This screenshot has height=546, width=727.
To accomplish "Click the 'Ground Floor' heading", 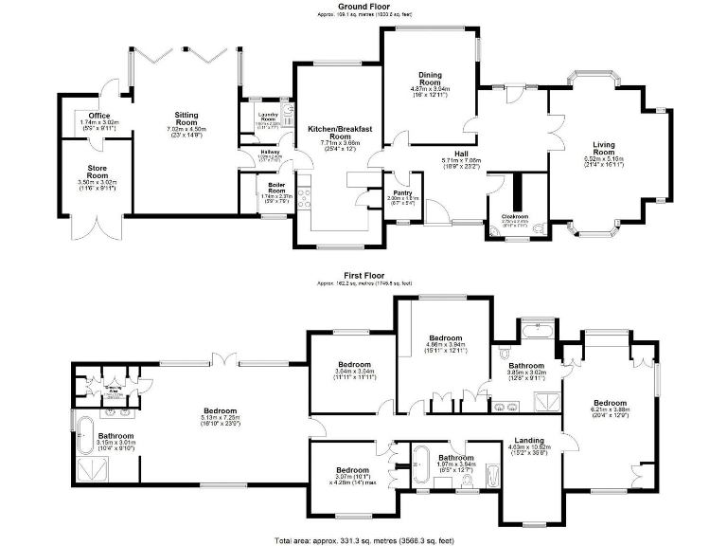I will click(x=364, y=6).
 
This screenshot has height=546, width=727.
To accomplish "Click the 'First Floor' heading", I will click(x=364, y=276).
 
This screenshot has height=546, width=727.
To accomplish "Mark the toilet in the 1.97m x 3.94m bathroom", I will click(x=464, y=481).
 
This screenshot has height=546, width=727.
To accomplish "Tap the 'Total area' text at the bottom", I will click(x=364, y=538).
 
